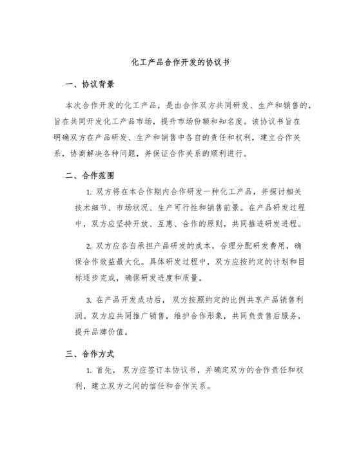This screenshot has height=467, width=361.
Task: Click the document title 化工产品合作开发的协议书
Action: coord(180,63)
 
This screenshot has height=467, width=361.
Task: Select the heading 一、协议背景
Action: coord(90,84)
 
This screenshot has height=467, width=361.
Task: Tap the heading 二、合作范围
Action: coord(90,174)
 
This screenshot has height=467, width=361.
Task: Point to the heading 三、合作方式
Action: coord(90,354)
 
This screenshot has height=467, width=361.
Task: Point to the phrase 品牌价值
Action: coord(113,332)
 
